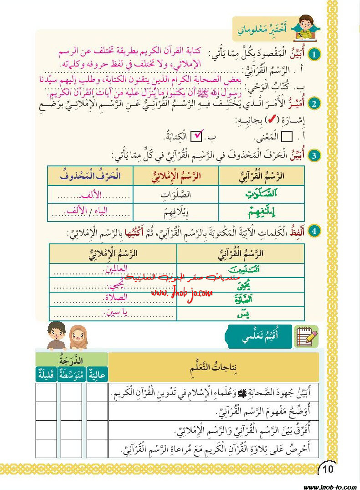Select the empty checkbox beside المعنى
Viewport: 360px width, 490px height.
287,136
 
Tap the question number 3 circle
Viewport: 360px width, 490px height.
314,156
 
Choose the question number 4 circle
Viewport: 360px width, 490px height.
314,232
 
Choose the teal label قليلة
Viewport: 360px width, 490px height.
46,375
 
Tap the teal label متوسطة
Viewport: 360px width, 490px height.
71,375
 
